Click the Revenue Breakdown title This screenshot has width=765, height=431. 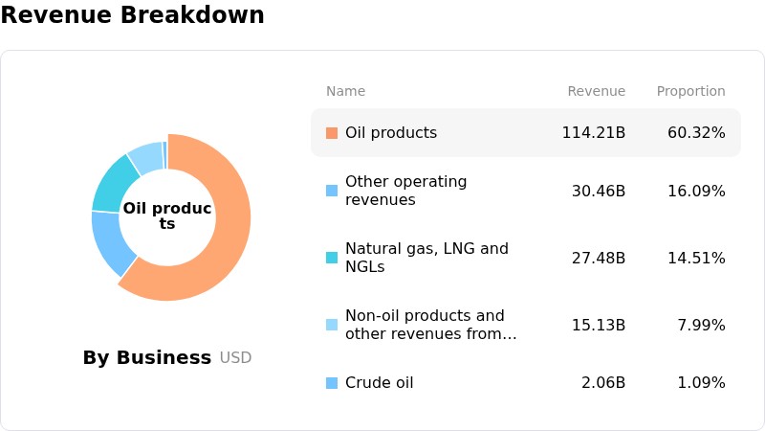pos(132,14)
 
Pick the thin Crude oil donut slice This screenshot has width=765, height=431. pos(164,155)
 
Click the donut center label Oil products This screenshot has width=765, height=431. pos(166,215)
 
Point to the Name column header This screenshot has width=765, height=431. pos(345,91)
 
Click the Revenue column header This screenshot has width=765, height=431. pos(596,91)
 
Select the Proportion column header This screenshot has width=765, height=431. pos(690,91)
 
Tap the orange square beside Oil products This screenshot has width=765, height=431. pos(332,133)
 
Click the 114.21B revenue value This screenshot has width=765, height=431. pos(593,133)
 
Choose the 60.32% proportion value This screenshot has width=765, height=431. pos(696,133)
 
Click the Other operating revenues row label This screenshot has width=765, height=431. pos(405,191)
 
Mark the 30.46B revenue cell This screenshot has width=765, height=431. pos(599,191)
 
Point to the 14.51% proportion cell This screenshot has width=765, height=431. pos(696,258)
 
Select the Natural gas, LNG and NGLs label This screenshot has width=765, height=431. pos(426,258)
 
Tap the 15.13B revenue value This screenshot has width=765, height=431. pos(599,325)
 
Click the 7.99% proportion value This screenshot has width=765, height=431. pos(701,325)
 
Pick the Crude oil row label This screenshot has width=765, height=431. pos(379,382)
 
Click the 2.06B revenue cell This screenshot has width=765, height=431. pos(603,382)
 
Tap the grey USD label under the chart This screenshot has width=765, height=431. pos(235,357)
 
